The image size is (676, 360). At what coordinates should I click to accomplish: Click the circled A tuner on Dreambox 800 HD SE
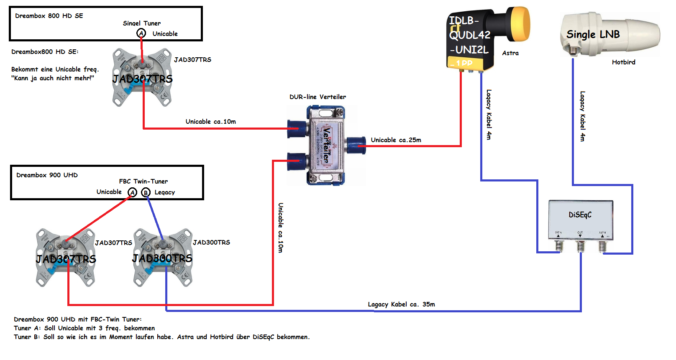click(141, 33)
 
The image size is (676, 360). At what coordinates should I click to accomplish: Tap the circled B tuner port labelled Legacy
click(146, 192)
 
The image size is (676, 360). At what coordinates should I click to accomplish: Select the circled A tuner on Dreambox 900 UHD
click(133, 192)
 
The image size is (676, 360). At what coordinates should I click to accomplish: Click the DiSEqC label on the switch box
click(580, 215)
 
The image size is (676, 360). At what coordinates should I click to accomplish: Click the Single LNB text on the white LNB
click(593, 34)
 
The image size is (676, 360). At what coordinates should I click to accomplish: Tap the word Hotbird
click(623, 62)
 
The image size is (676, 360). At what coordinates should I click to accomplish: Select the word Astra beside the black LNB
click(510, 53)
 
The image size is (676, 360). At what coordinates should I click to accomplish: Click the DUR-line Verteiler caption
click(318, 97)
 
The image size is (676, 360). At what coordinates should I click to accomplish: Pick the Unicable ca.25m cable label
click(396, 140)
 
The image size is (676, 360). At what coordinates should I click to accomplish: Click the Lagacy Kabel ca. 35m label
click(401, 304)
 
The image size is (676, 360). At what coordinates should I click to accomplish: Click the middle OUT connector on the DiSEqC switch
click(580, 246)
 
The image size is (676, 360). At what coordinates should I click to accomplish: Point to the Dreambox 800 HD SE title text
click(49, 16)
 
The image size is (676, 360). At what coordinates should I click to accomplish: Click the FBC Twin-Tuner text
click(143, 181)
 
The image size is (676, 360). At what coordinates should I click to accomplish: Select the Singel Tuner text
click(141, 23)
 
